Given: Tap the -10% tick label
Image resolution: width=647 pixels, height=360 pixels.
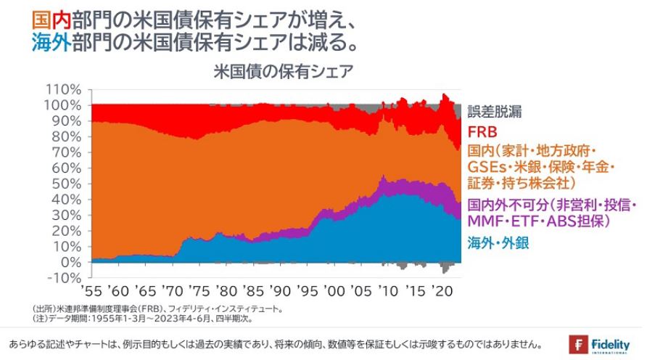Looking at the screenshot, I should (67, 277).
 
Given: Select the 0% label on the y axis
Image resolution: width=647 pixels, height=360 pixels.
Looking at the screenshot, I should (73, 261).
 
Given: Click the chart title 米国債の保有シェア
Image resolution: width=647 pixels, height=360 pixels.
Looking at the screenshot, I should (283, 71).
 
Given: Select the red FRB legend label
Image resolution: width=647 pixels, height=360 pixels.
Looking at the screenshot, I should (482, 132).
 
